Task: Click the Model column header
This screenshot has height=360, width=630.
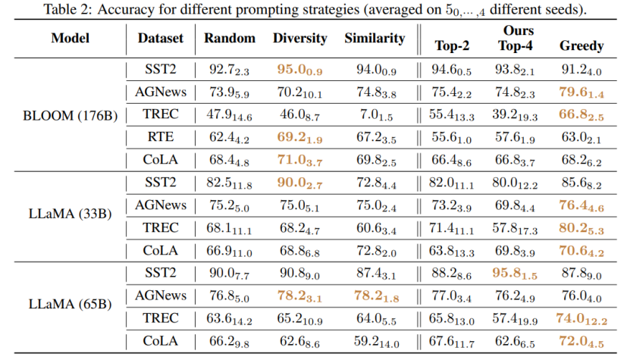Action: point(71,38)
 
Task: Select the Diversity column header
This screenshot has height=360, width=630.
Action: point(300,38)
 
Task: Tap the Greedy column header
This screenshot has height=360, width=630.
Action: point(581,45)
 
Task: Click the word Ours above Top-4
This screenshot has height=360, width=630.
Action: point(519,30)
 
